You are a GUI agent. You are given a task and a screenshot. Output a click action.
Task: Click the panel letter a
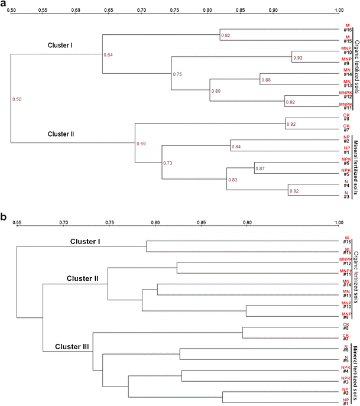click(4, 4)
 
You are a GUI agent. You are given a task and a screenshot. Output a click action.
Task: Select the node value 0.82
click(225, 36)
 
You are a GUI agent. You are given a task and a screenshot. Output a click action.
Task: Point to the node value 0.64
click(108, 55)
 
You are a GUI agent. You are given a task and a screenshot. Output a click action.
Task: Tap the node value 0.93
click(297, 58)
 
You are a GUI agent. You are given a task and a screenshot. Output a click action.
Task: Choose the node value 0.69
click(141, 144)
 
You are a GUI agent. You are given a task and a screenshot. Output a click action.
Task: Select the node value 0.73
click(167, 163)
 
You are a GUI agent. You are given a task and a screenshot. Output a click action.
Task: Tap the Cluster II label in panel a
click(61, 134)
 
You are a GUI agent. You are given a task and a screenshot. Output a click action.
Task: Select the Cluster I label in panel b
click(85, 242)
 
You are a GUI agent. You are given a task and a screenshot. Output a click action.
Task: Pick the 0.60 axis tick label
click(75, 11)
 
